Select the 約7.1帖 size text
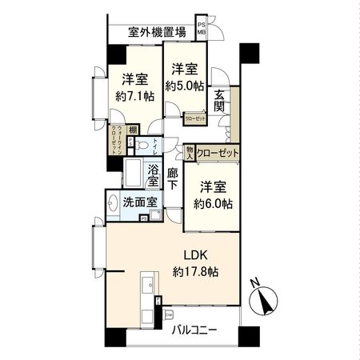tap(133, 96)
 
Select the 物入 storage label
tap(188, 152)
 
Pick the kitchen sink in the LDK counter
tap(147, 287)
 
